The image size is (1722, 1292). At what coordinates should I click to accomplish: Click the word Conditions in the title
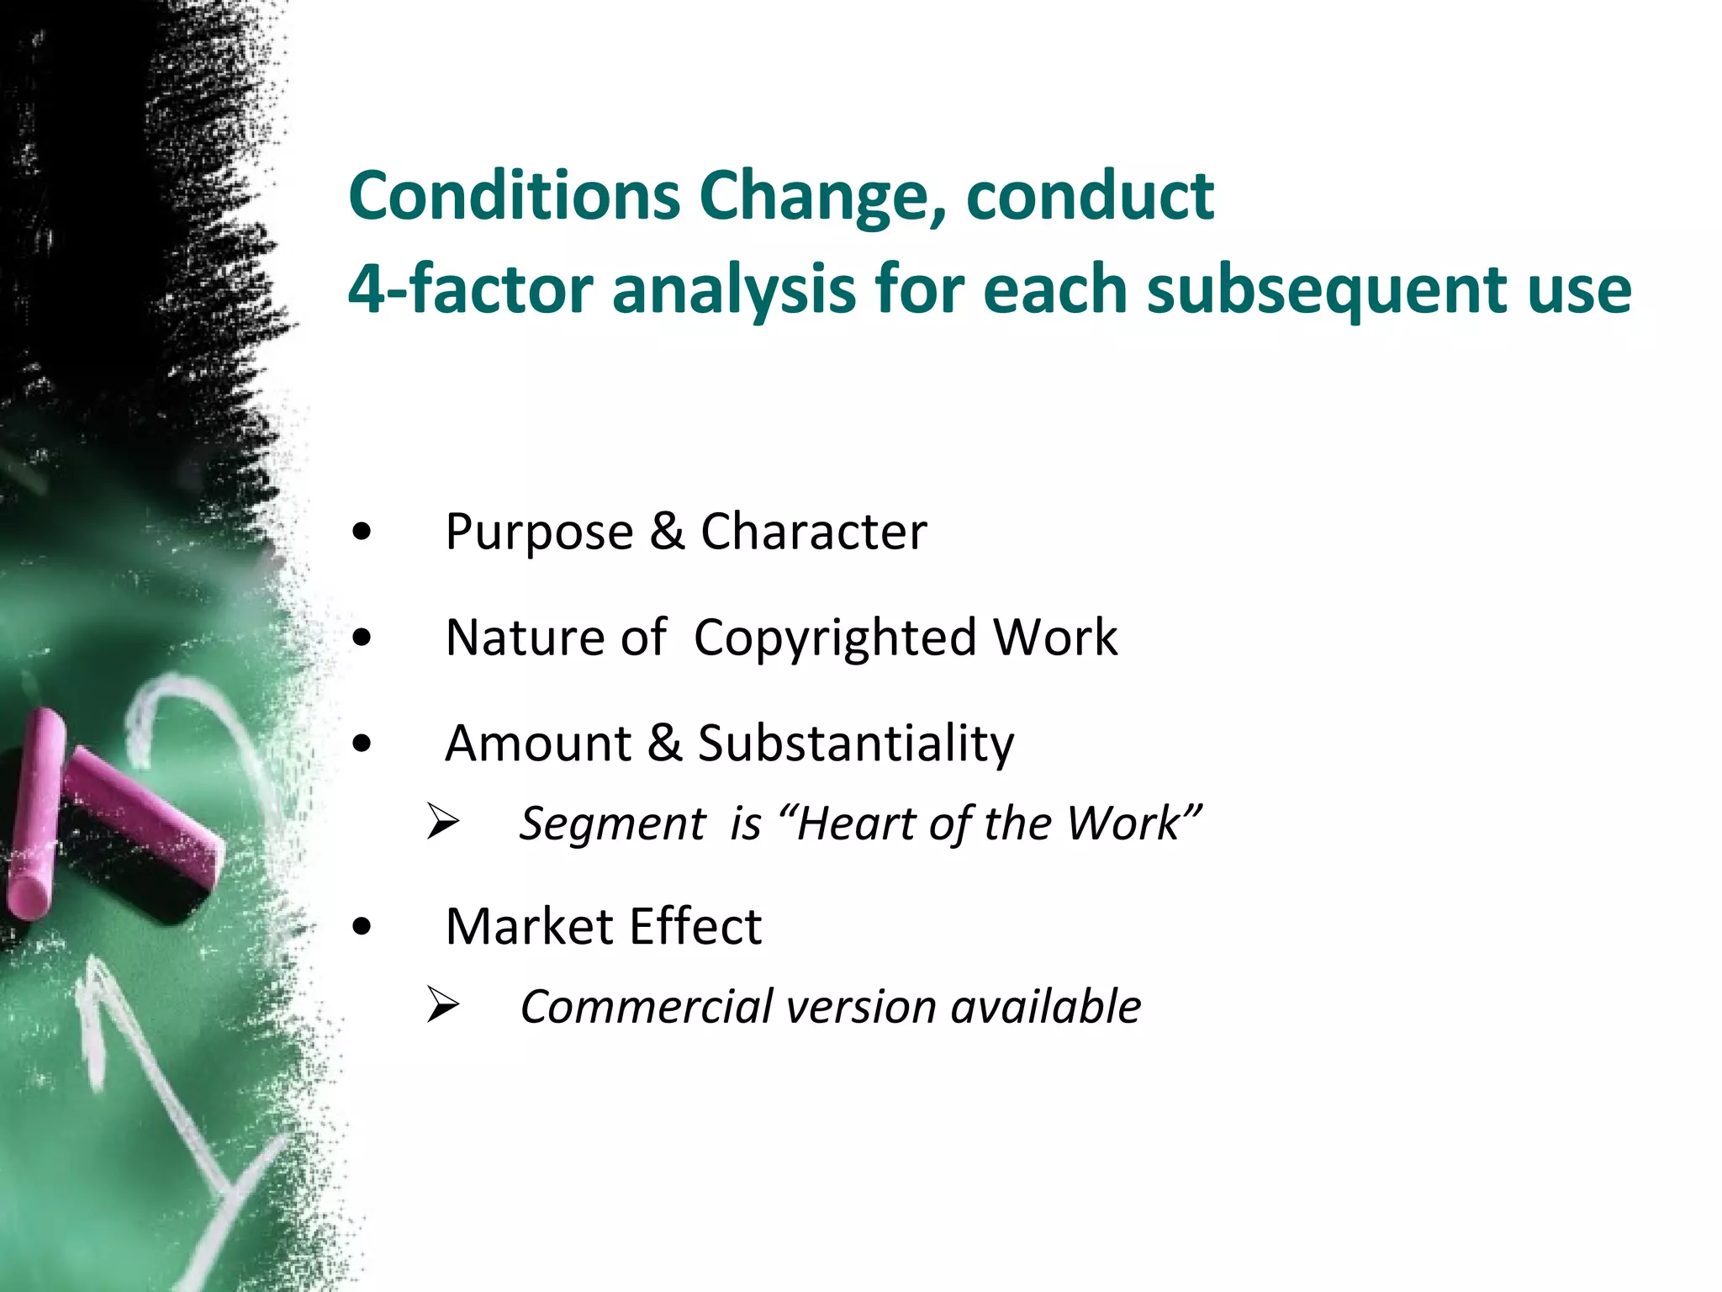tap(514, 196)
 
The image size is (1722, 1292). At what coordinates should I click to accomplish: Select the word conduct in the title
tap(1090, 196)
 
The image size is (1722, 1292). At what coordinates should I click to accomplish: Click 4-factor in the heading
tap(471, 289)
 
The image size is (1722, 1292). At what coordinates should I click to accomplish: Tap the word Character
tap(813, 532)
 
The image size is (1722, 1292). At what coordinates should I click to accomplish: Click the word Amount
tap(538, 744)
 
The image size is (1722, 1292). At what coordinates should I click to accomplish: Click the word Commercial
tap(646, 1007)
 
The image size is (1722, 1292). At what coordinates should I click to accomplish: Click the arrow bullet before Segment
tap(441, 822)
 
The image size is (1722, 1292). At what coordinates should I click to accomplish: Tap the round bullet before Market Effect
tap(362, 927)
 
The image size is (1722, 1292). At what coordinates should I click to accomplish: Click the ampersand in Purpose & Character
tap(667, 532)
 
